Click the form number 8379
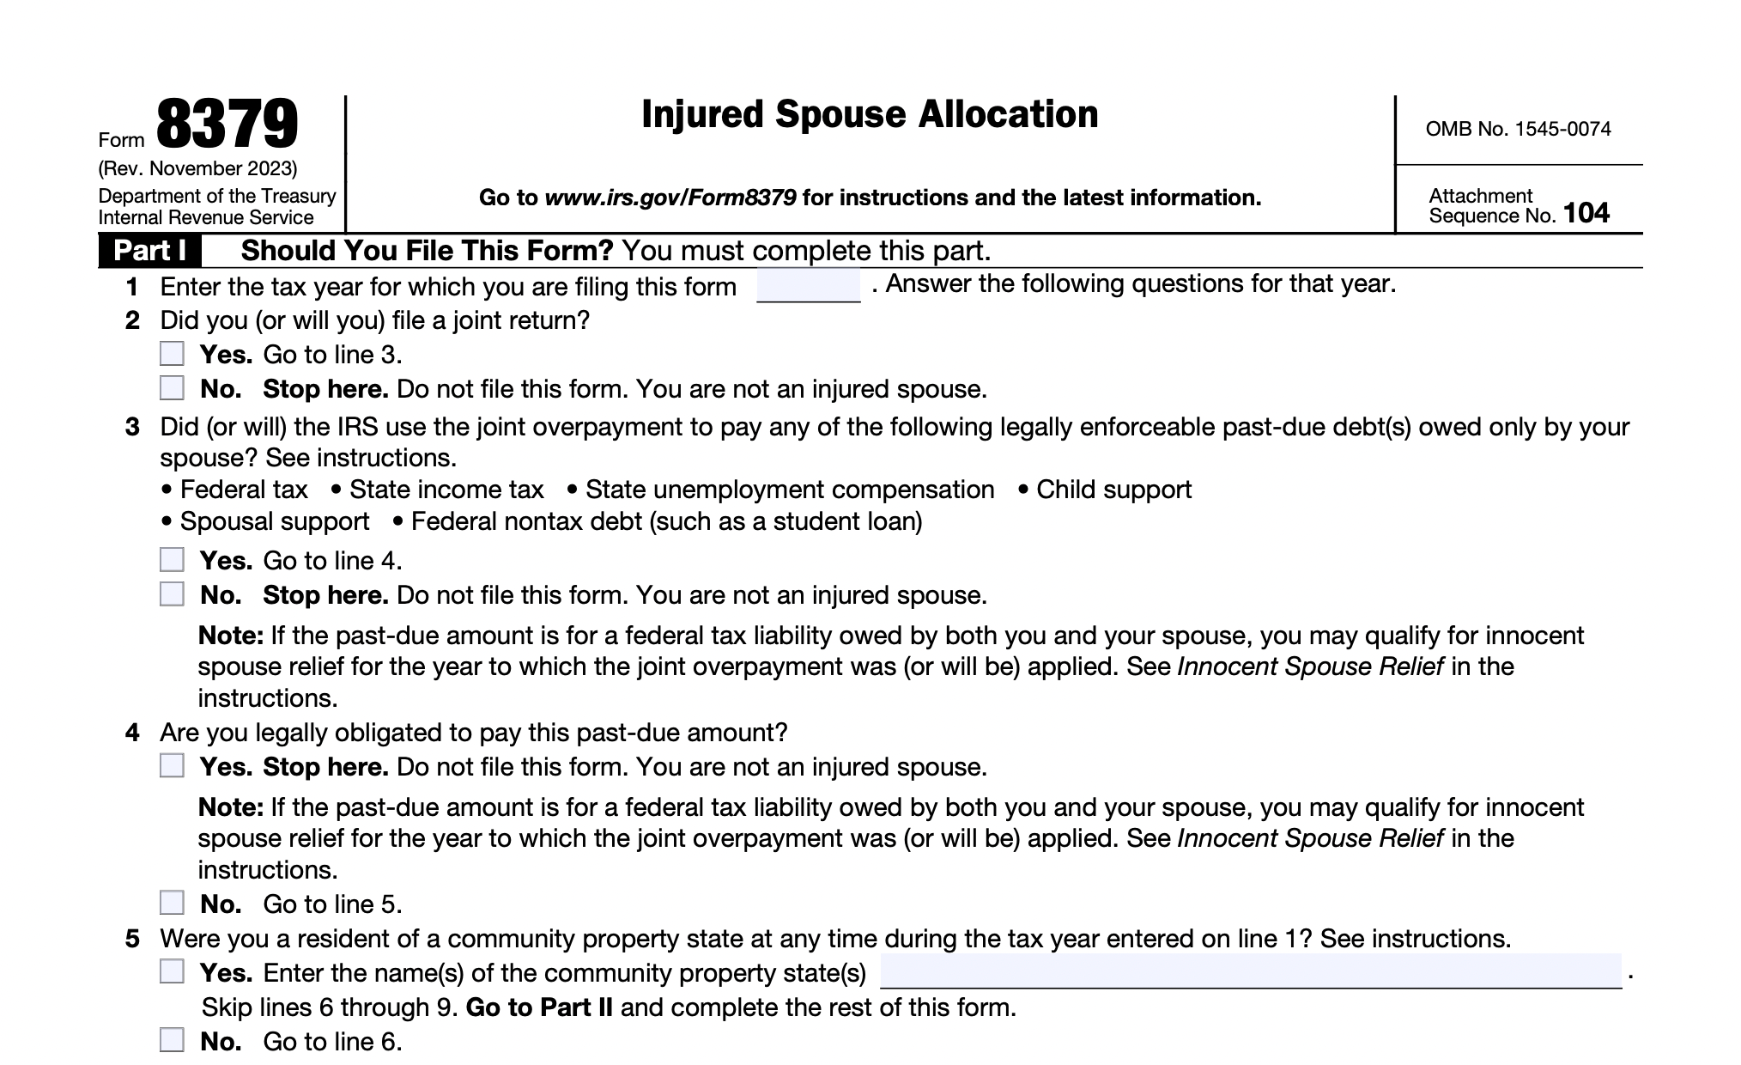227,125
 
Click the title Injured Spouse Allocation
869,115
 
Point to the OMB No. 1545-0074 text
1518,130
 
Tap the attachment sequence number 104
1586,213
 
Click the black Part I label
149,251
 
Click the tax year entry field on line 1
808,285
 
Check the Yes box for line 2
172,354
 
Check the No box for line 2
172,388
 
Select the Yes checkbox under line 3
172,560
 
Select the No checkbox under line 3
172,594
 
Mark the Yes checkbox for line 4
172,766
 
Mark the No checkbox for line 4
172,904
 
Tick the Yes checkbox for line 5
172,972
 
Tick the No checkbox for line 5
172,1041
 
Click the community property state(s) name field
1250,971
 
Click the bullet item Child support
1113,490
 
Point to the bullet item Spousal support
274,521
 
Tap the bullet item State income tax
446,490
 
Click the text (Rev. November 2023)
197,168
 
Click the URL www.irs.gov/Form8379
670,198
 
